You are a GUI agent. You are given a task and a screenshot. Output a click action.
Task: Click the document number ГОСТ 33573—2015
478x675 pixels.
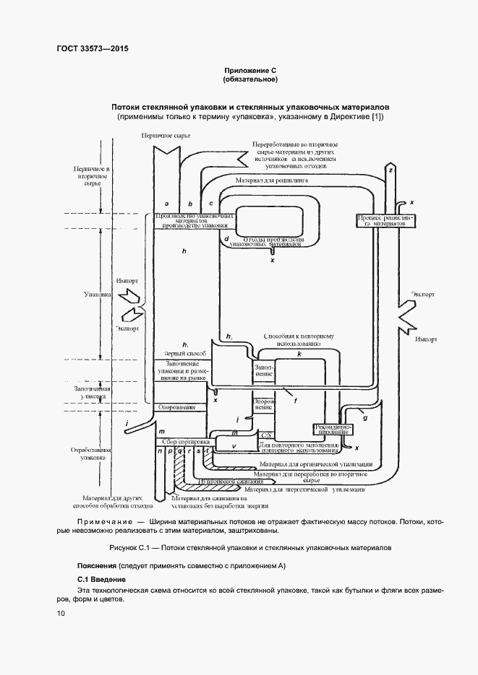coord(92,50)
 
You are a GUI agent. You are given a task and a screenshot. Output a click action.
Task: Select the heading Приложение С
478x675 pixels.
coord(250,70)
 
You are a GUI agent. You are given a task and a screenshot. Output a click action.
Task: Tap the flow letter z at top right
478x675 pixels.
coord(390,170)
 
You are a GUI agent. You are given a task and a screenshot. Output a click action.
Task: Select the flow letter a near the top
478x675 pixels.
coord(167,204)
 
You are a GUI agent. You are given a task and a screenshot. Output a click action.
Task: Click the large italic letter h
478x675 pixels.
coord(185,251)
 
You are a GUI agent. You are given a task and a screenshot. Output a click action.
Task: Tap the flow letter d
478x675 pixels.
coord(226,238)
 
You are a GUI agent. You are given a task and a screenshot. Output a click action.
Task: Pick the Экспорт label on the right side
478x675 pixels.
coord(422,295)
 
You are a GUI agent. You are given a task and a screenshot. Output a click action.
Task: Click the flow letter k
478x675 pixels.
coord(299,354)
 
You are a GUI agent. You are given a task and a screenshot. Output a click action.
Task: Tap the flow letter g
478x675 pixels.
coord(365,417)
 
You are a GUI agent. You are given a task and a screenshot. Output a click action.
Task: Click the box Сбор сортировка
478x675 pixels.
coord(184,441)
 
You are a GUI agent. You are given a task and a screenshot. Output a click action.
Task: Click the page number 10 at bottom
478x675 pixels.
coord(61,613)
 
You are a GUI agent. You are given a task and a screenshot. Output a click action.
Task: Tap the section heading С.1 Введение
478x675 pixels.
coord(102,580)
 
